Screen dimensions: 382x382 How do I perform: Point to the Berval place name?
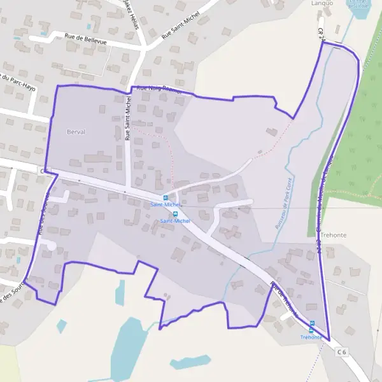[x=76, y=132]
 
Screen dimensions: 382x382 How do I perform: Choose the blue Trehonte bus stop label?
[x=311, y=339]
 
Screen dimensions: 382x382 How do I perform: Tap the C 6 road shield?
[x=343, y=351]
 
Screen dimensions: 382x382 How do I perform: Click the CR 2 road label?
[x=322, y=35]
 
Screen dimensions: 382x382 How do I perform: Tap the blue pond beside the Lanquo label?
[x=360, y=8]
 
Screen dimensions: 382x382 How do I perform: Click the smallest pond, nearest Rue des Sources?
[x=61, y=326]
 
